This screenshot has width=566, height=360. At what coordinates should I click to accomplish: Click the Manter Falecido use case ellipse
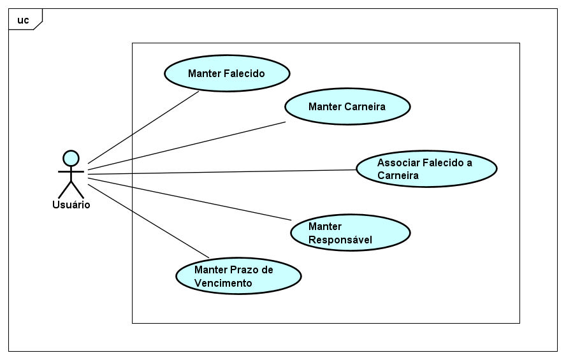point(227,73)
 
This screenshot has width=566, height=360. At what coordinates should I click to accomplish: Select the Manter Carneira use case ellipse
point(347,106)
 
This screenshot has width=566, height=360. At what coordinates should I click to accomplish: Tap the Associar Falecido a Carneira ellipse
point(426,168)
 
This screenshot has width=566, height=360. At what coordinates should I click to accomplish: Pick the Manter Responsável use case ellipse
point(350,233)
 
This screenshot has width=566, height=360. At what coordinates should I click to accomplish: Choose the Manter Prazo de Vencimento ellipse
point(238,276)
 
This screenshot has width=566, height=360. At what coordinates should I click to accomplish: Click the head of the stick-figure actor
point(71,157)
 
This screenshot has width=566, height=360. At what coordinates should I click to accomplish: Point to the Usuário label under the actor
point(71,205)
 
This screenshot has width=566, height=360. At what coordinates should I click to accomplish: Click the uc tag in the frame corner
point(23,20)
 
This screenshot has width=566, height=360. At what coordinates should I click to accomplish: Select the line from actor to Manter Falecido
point(143,127)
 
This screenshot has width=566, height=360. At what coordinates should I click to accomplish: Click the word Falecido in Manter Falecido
point(245,73)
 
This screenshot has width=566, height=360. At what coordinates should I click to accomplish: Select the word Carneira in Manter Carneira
point(365,106)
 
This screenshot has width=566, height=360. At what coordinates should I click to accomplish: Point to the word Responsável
point(340,240)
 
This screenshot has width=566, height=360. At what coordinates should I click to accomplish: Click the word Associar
point(398,162)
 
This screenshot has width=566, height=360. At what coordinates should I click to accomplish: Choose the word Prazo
point(243,270)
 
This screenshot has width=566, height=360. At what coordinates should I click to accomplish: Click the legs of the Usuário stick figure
point(71,189)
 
